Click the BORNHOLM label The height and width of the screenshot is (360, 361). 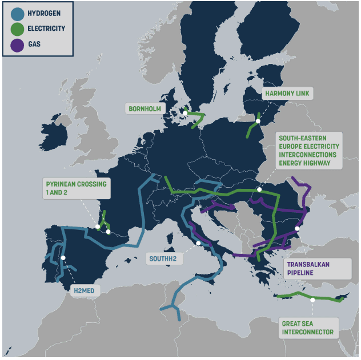[145, 108]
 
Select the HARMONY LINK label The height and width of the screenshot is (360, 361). [289, 92]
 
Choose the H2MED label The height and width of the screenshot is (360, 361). [87, 291]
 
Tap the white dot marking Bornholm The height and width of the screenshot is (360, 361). [184, 113]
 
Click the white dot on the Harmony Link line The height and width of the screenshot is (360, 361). [258, 121]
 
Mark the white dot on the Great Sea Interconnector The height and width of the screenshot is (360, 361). [313, 300]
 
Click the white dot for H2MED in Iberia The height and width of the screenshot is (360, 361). [63, 258]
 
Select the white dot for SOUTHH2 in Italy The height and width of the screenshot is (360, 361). [198, 243]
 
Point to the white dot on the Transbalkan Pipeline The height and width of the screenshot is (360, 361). [297, 228]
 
